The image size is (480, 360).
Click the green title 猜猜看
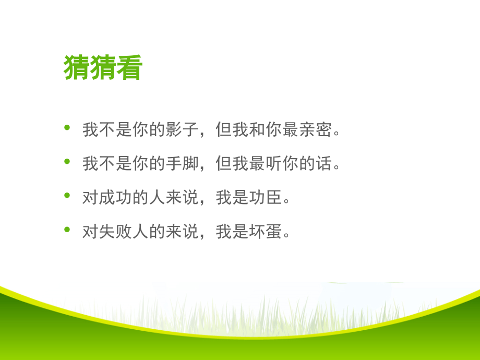(103, 68)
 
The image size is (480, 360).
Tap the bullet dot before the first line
(66, 128)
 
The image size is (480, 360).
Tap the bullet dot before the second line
(66, 162)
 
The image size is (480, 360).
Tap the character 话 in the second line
(325, 163)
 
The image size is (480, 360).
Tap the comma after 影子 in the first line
(202, 134)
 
